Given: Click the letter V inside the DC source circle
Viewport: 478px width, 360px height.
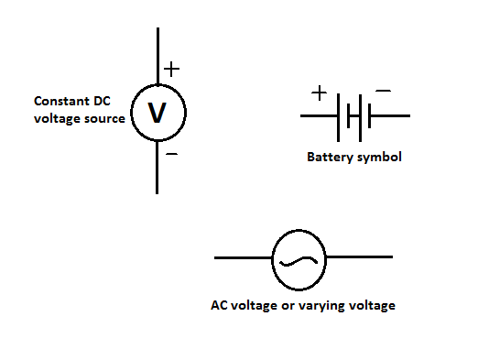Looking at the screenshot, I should tap(158, 113).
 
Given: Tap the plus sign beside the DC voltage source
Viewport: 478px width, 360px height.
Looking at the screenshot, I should tap(171, 69).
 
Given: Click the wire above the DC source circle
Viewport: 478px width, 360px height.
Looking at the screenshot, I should tap(158, 55).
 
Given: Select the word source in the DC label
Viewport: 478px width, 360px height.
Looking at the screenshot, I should tap(103, 118).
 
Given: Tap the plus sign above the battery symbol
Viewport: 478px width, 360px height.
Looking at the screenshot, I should tap(319, 93).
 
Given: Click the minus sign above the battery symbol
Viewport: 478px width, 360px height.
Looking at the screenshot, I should tap(384, 92).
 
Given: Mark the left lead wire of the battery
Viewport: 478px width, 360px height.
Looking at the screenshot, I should tap(319, 116).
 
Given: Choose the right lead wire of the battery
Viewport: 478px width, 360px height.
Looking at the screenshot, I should tap(389, 116).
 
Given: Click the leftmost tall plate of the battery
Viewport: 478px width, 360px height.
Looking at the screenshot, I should tap(340, 116).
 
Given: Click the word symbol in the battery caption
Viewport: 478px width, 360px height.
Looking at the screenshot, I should tap(379, 158).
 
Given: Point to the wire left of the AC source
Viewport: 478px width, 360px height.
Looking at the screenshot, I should tap(243, 258).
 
